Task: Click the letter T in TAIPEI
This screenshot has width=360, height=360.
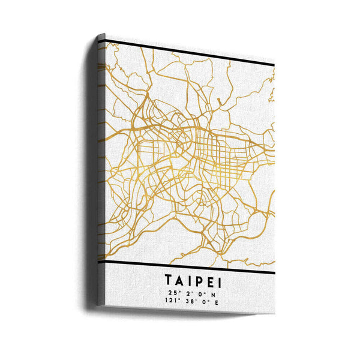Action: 167,280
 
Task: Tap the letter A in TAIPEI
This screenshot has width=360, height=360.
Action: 179,280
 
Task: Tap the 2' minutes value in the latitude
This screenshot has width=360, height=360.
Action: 188,293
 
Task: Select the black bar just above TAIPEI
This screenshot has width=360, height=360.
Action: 192,268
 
